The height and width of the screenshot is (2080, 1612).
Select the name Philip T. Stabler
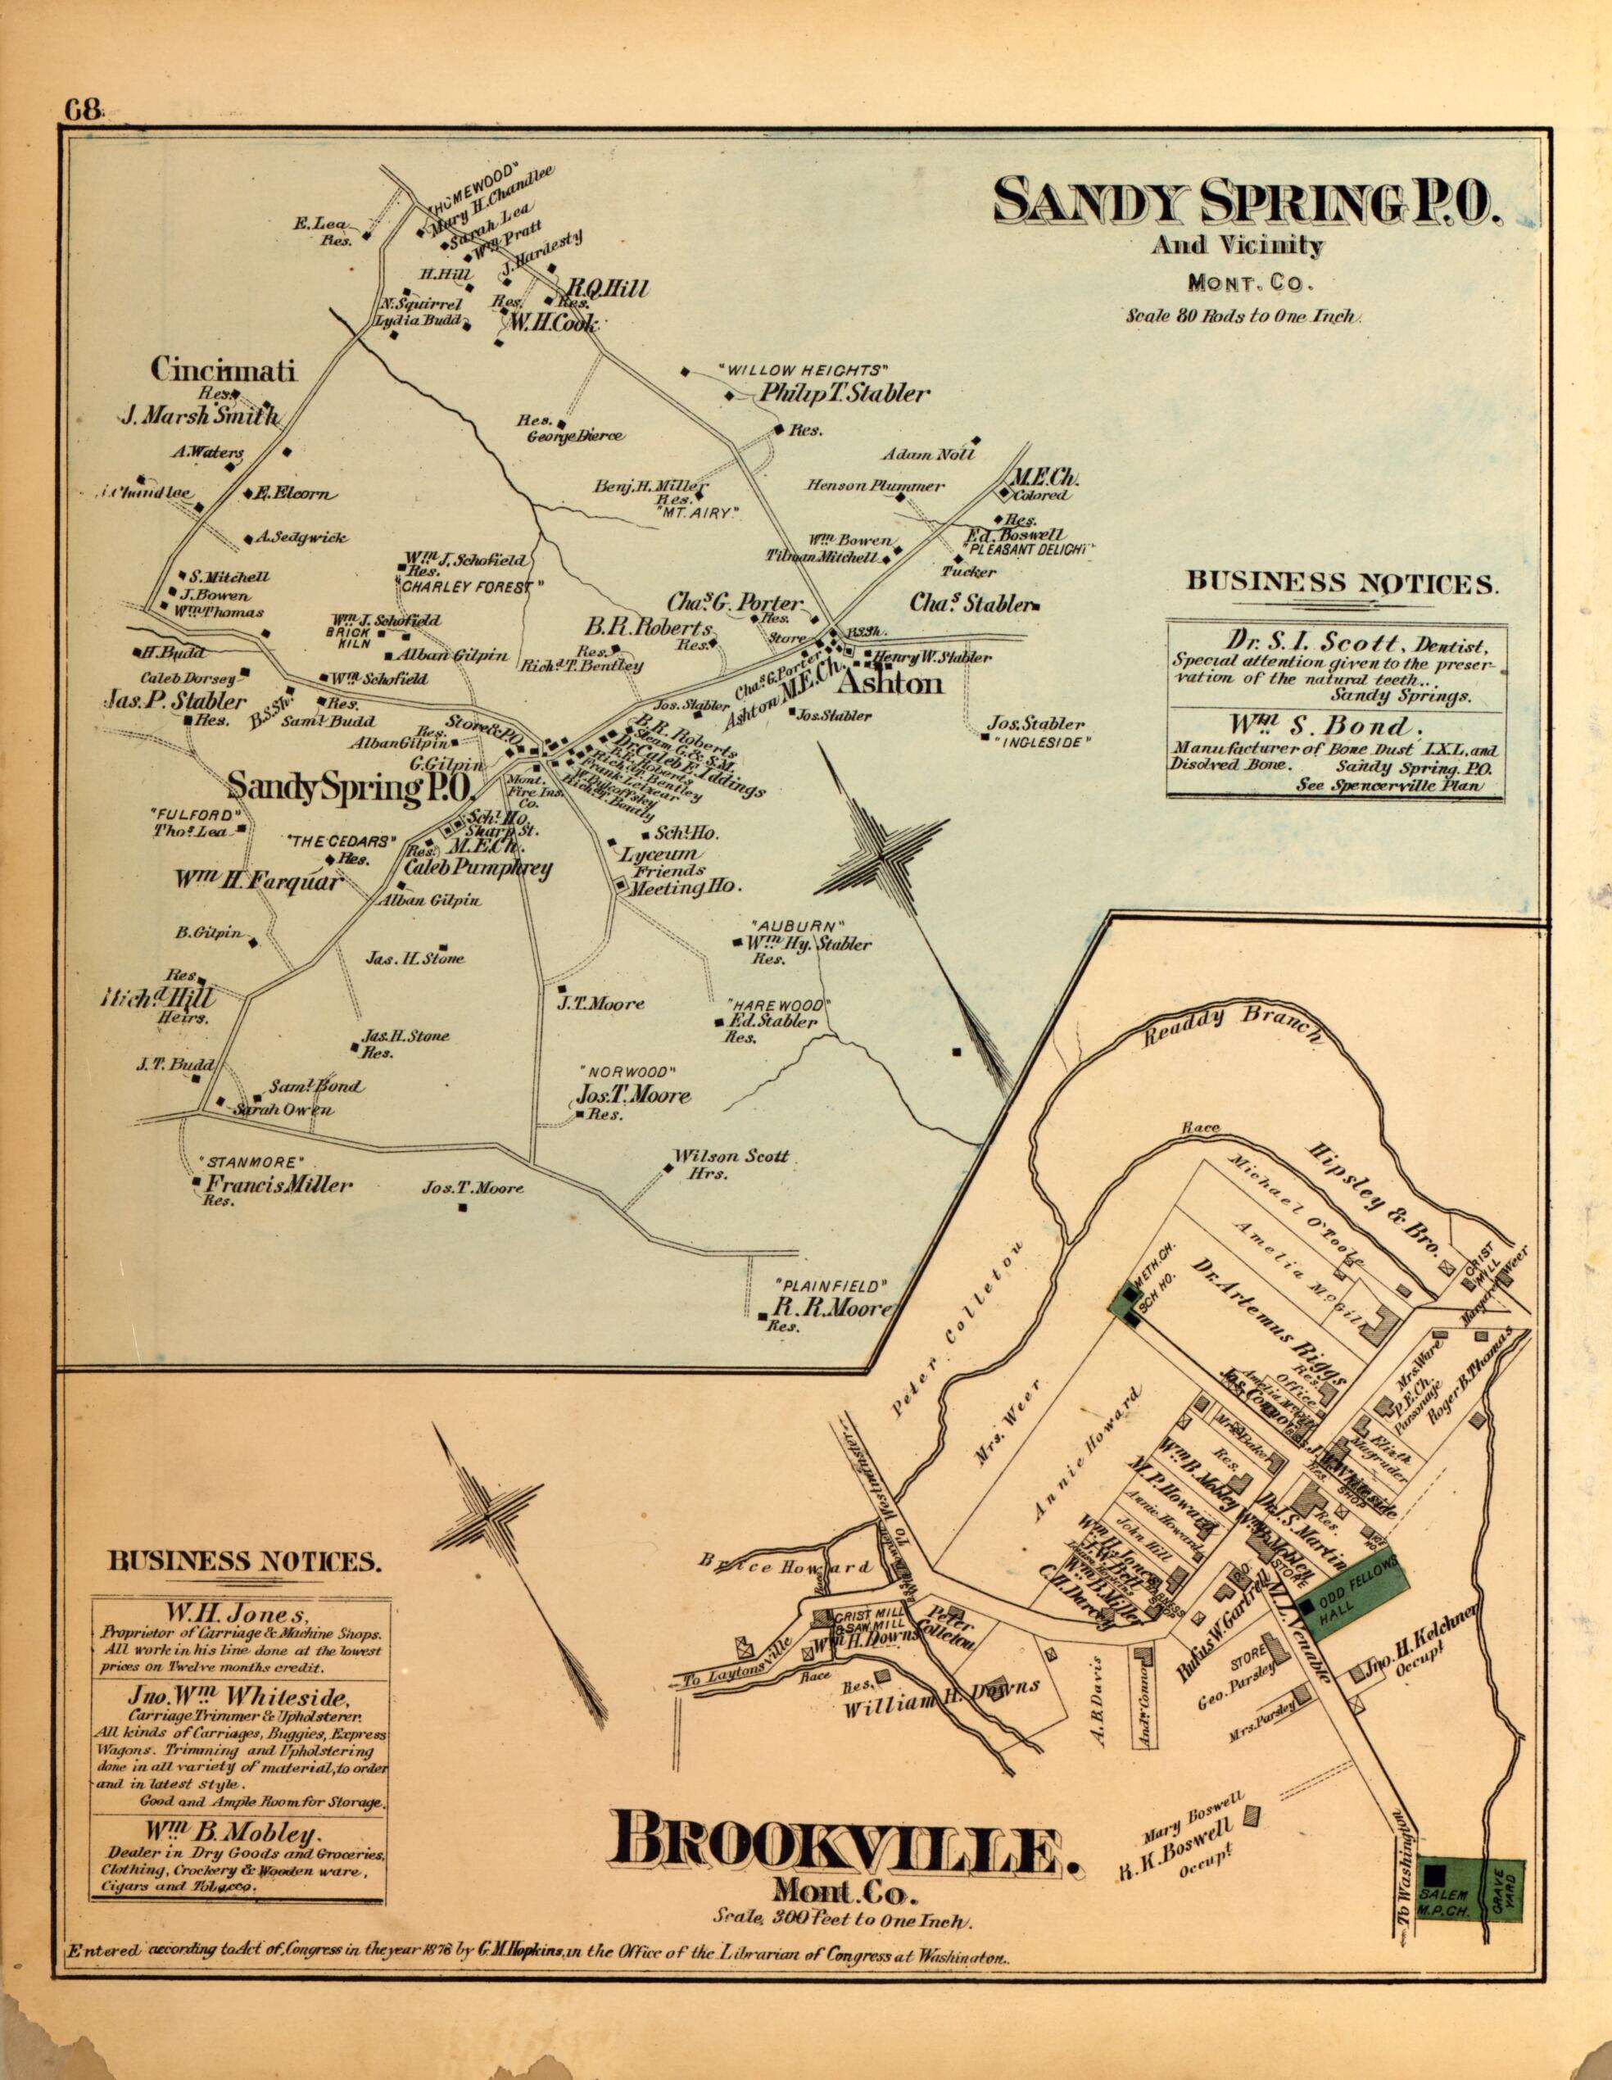tap(842, 394)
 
